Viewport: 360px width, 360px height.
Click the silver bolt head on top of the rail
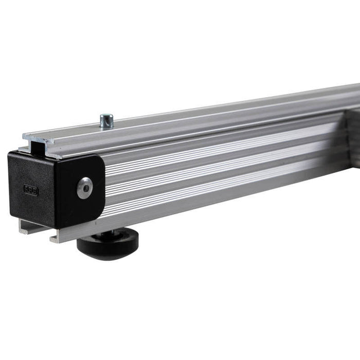[107, 120]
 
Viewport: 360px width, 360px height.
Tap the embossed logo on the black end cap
[31, 190]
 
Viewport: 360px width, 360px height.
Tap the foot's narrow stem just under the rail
[110, 234]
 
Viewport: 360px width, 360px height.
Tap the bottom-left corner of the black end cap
[10, 213]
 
